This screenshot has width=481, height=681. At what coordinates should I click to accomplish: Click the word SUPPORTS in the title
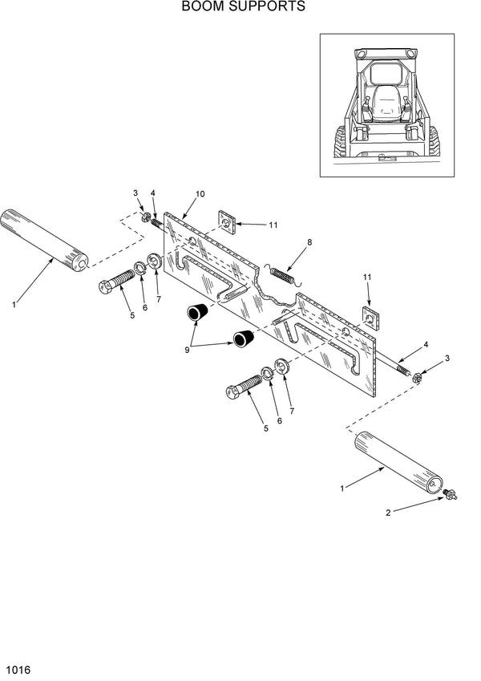tap(265, 7)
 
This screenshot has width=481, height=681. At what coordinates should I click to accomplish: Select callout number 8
tap(309, 241)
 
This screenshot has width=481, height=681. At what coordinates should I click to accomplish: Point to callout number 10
tap(200, 194)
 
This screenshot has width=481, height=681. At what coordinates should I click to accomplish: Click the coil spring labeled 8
tap(281, 274)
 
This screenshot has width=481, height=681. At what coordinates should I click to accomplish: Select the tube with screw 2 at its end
tap(397, 460)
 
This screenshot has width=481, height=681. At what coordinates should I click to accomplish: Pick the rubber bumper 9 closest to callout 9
tap(198, 311)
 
